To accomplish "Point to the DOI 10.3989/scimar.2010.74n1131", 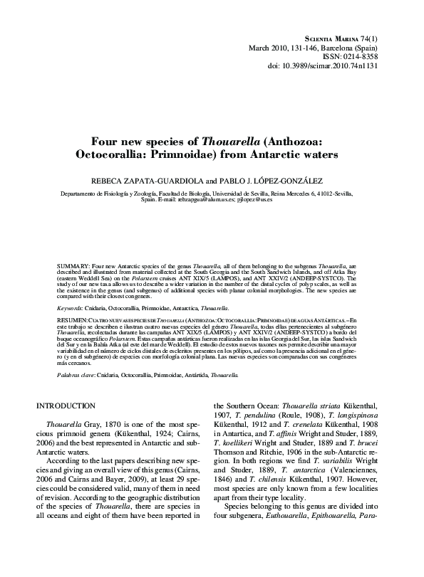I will (348, 66).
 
